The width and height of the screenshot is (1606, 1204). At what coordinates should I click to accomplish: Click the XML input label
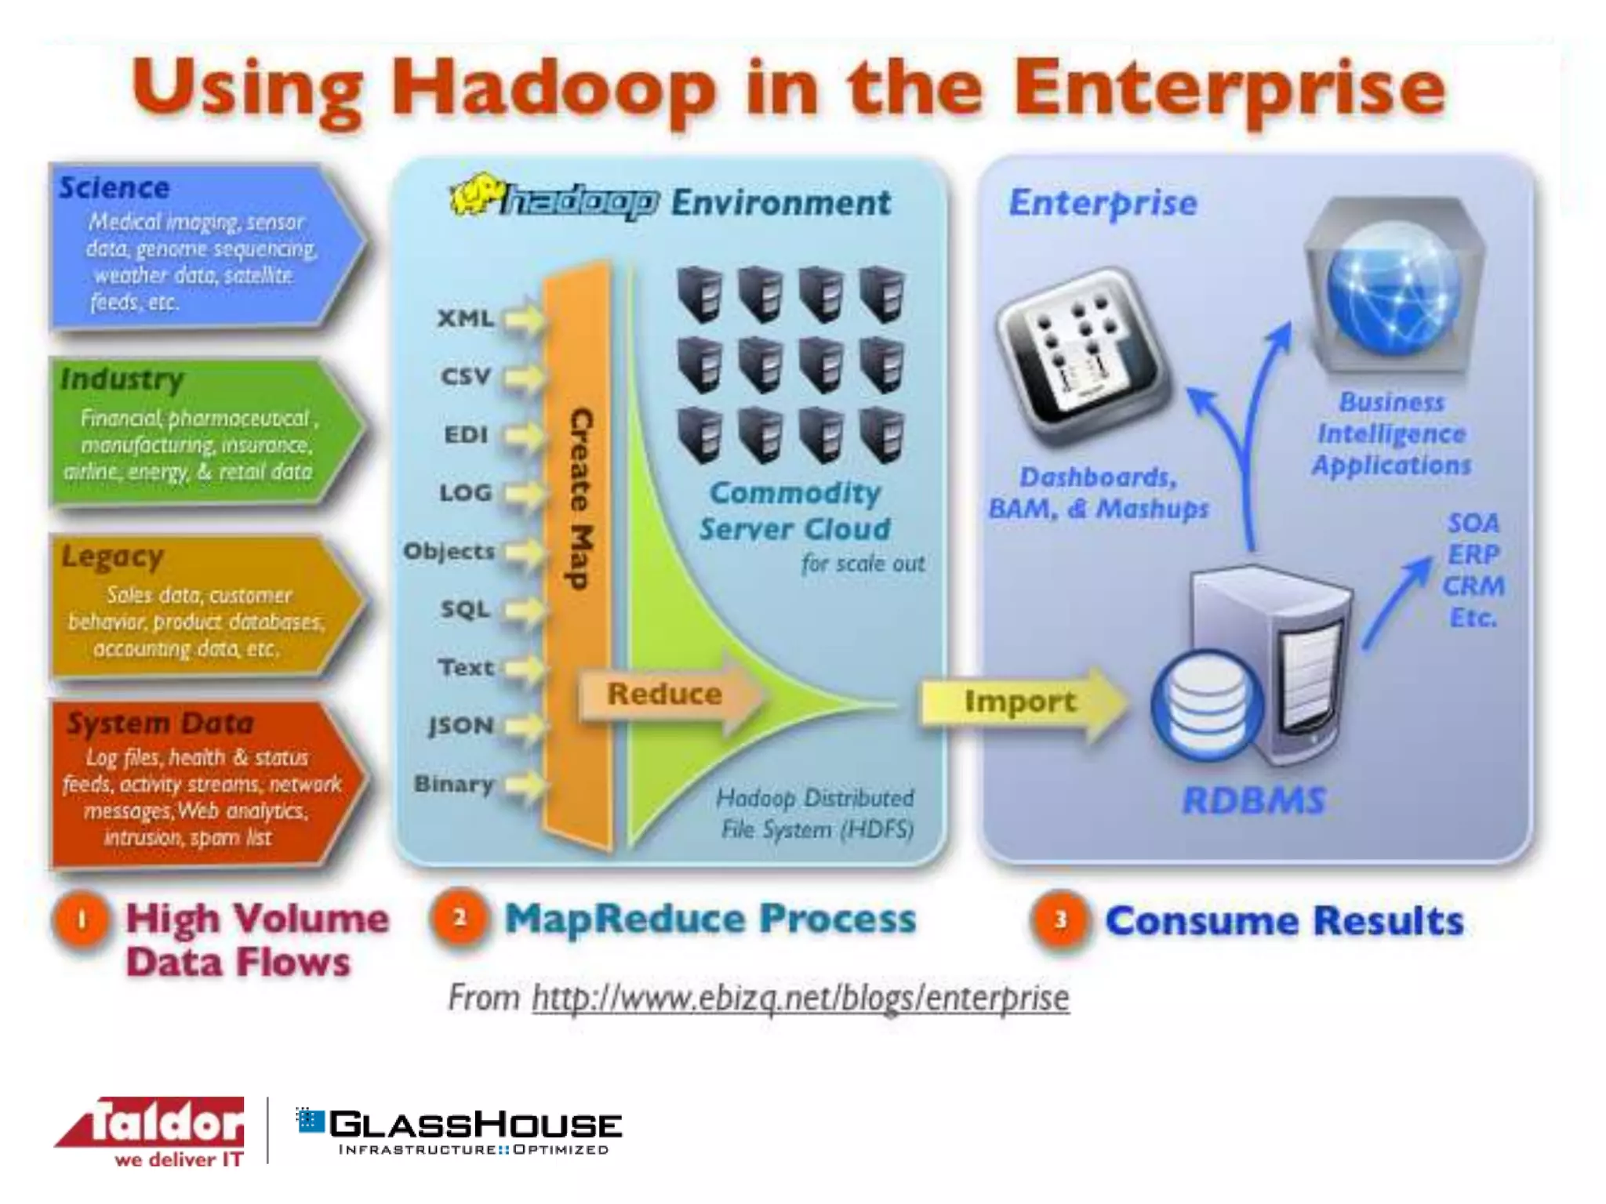click(x=466, y=318)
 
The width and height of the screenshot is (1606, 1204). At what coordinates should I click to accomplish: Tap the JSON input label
click(x=460, y=725)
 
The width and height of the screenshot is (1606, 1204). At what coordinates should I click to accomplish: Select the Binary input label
click(x=453, y=783)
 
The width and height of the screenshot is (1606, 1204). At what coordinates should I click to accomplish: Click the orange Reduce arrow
click(x=667, y=694)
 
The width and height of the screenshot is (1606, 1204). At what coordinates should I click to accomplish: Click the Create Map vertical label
click(x=580, y=498)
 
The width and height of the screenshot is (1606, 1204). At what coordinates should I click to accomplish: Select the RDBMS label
click(x=1253, y=801)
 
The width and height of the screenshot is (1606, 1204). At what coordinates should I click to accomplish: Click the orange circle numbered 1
click(x=82, y=919)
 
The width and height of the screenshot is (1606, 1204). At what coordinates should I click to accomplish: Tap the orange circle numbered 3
click(x=1060, y=919)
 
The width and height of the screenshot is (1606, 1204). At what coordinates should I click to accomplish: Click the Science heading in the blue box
click(x=114, y=188)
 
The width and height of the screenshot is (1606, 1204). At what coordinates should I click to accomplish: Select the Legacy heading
click(x=113, y=557)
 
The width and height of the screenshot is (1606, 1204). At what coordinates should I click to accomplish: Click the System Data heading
click(x=160, y=723)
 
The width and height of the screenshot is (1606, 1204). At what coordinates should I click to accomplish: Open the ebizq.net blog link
click(x=800, y=999)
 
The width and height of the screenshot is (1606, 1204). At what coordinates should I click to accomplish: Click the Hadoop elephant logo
click(x=475, y=195)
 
